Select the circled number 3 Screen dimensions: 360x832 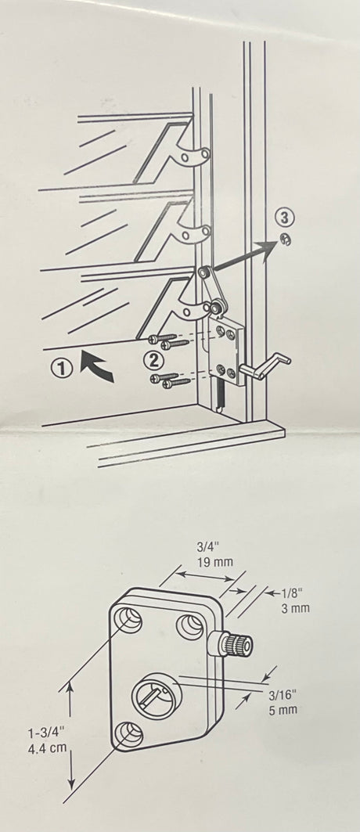click(285, 218)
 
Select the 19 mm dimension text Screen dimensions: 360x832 click(212, 562)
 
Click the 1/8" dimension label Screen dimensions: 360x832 click(295, 593)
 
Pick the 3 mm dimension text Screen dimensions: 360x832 click(295, 608)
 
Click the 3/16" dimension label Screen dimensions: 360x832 click(283, 695)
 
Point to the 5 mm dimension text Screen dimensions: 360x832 click(283, 710)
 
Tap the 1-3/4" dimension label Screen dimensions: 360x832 click(46, 734)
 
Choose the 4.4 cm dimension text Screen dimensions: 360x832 click(46, 751)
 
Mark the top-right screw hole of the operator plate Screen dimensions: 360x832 click(190, 627)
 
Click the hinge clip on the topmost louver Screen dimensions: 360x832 click(193, 156)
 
